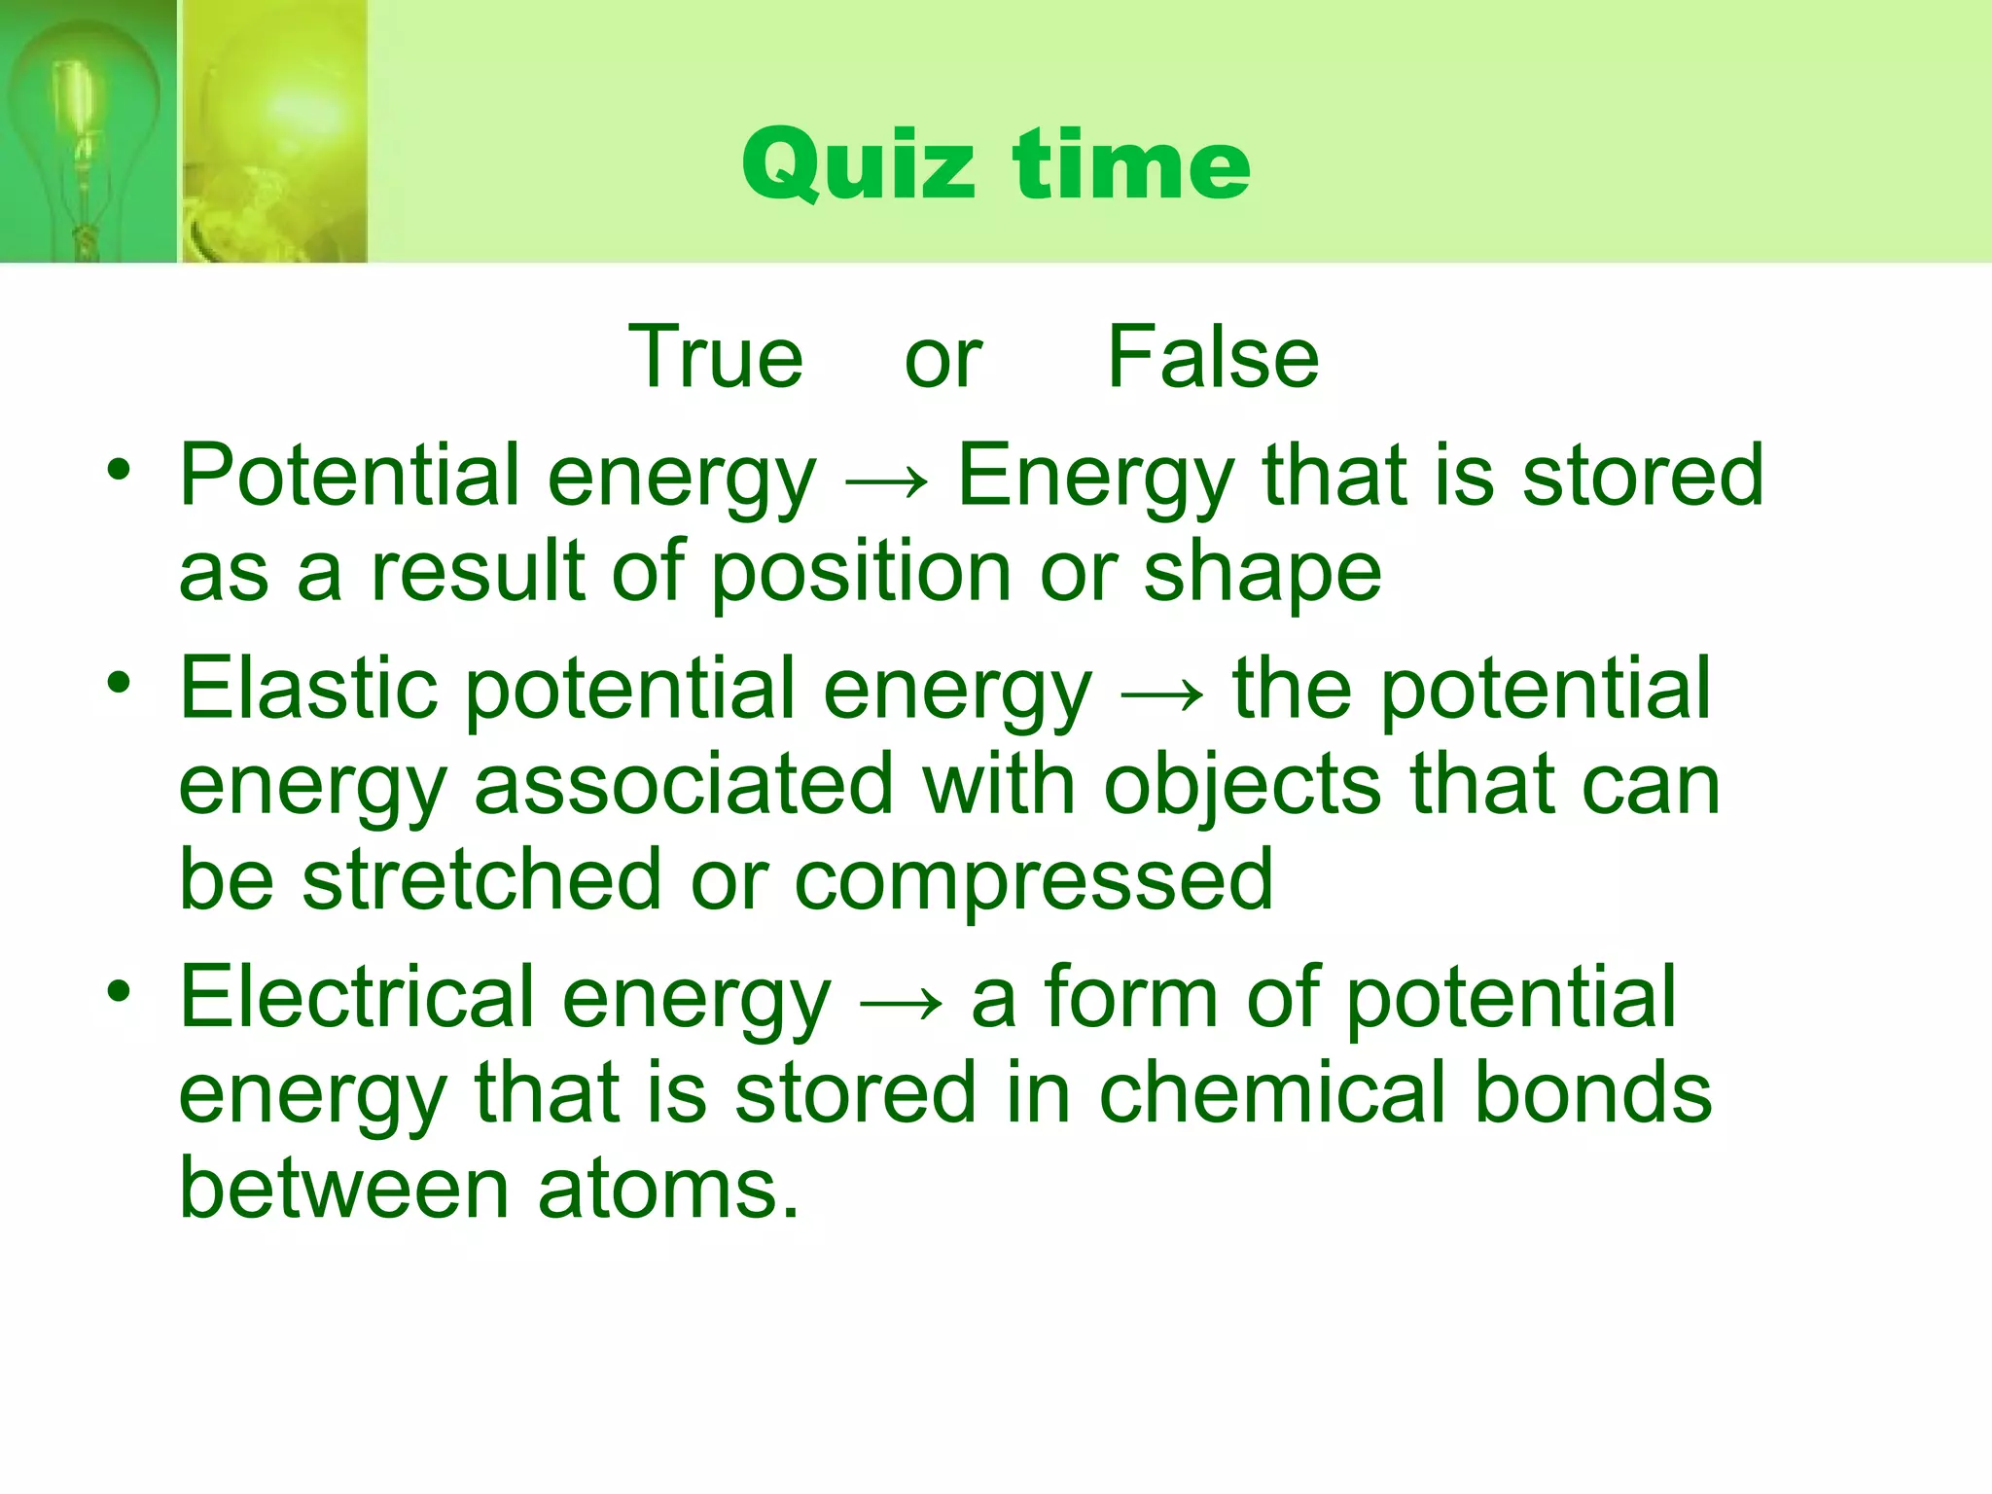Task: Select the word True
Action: (x=716, y=357)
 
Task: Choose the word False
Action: (x=1213, y=357)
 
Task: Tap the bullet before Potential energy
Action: (x=119, y=471)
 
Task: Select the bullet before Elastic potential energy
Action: (x=119, y=683)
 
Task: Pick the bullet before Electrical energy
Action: (x=119, y=992)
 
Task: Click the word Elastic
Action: (x=308, y=689)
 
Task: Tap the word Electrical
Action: (x=356, y=997)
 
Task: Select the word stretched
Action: (x=481, y=879)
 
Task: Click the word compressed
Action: (x=1033, y=881)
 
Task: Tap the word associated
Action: (x=683, y=785)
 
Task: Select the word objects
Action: (x=1242, y=787)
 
